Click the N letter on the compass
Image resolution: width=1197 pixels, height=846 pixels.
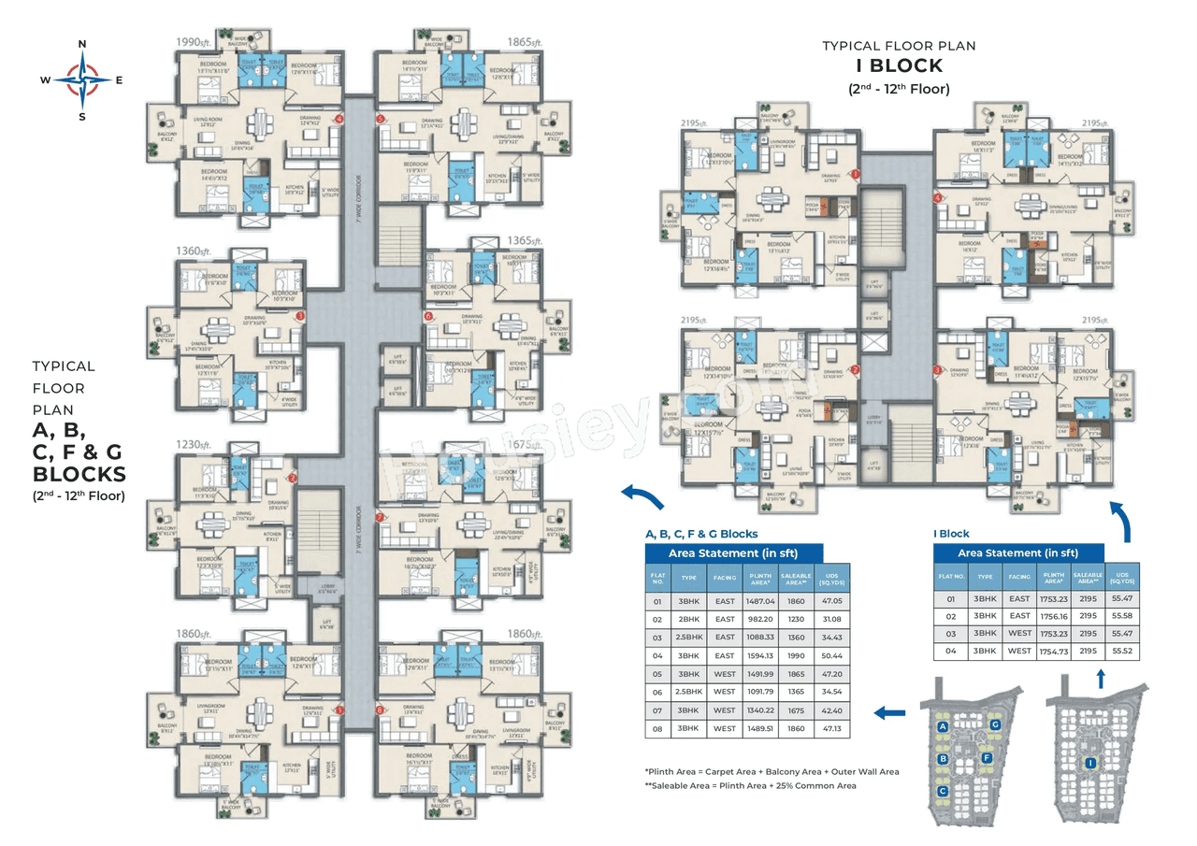(x=82, y=44)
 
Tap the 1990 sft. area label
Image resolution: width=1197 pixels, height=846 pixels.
(x=194, y=42)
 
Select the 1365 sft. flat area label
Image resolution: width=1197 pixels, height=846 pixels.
(x=523, y=240)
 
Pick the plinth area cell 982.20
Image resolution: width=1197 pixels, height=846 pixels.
(x=758, y=619)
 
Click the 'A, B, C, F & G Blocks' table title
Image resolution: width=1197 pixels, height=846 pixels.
(x=701, y=534)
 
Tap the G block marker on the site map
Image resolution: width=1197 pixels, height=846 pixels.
(x=996, y=724)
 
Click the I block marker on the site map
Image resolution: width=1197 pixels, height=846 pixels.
(x=1090, y=764)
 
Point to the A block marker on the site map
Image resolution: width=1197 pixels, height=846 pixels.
(x=944, y=726)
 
